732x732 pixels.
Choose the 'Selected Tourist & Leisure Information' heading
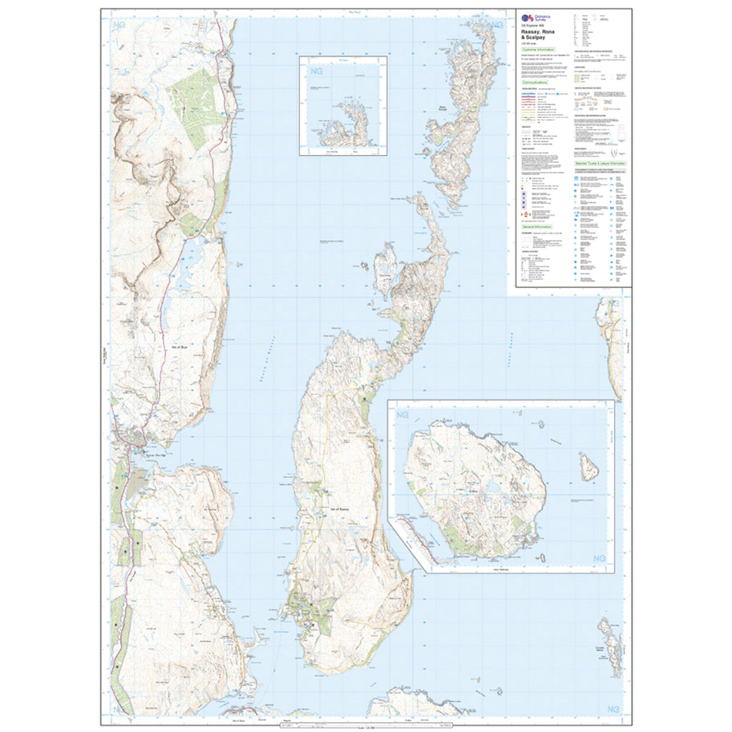pos(600,164)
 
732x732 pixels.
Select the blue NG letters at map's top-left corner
pos(119,26)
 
